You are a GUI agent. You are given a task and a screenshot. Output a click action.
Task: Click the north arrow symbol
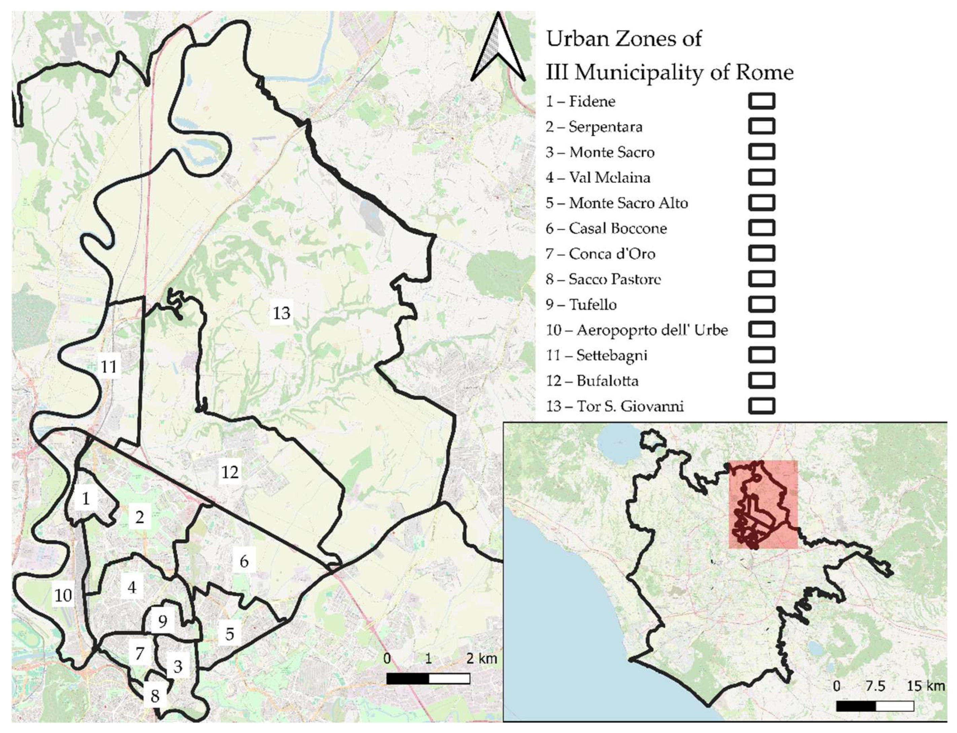coord(498,49)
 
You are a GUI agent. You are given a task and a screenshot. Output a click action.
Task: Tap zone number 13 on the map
coord(282,313)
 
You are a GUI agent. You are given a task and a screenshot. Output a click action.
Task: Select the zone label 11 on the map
coord(109,366)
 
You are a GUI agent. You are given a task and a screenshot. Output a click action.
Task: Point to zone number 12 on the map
coord(230,472)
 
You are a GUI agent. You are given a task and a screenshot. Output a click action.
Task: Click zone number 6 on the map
coord(244,561)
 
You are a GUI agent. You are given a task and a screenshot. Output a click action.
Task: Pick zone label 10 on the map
coord(63,595)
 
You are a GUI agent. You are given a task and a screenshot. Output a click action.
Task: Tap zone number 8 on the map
coord(155,696)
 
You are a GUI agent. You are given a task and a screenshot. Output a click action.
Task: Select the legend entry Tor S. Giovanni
coord(615,406)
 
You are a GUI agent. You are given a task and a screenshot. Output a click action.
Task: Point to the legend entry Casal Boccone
coord(606,228)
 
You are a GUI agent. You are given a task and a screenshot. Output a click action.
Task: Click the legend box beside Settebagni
coord(762,355)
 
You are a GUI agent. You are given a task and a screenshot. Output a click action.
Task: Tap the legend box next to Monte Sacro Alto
coord(762,202)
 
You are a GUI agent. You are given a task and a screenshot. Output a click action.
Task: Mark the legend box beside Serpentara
coord(762,126)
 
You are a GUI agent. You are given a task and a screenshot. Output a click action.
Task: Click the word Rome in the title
coord(765,72)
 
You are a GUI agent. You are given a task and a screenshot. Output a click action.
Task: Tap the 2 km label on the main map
coord(482,658)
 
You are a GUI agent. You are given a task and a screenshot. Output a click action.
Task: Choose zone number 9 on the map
coord(163,621)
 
